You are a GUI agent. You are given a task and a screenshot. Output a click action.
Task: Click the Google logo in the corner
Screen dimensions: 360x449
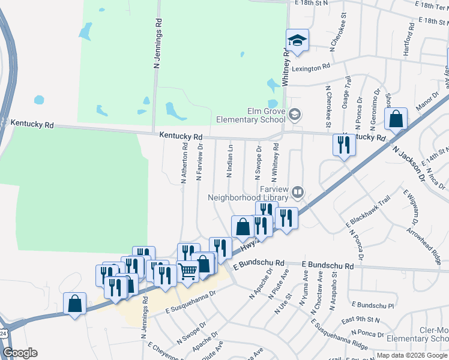20,353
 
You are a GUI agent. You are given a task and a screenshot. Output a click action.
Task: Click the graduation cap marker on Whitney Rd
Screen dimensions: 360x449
297,41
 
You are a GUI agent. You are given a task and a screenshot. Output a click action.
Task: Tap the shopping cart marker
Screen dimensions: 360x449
188,271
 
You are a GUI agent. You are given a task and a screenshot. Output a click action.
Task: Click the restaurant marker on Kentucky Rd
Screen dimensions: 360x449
344,145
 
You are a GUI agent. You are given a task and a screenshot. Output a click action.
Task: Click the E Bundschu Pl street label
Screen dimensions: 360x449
373,305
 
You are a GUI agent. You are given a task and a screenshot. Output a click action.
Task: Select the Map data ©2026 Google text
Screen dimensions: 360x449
412,355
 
